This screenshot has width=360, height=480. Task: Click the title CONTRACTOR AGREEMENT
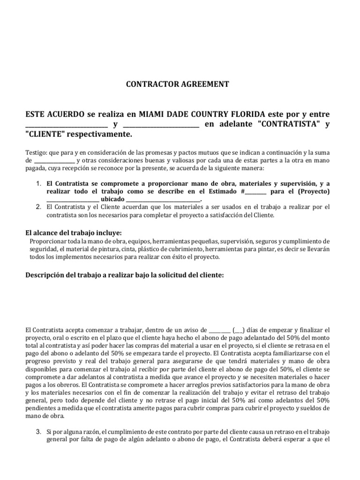[x=178, y=84]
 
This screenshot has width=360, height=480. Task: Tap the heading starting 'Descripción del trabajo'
[x=124, y=276]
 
